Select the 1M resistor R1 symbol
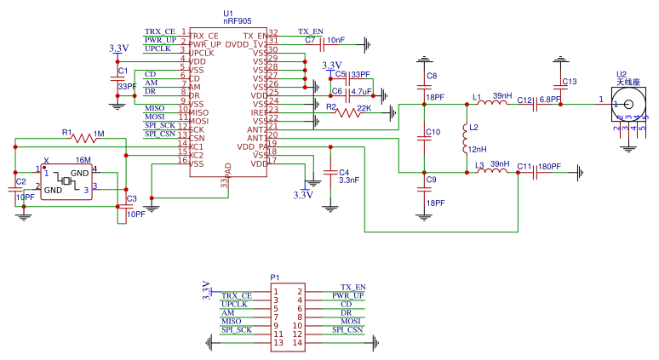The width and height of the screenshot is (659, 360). click(86, 138)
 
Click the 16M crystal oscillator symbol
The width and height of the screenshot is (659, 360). click(66, 180)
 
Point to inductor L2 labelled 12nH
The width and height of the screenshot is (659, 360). click(466, 135)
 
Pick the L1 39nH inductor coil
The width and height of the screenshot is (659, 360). click(495, 104)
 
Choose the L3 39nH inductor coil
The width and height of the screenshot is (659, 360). click(495, 172)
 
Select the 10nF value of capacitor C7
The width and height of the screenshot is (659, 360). click(335, 40)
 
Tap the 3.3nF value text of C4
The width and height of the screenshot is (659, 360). click(349, 180)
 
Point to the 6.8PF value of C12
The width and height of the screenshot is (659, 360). click(549, 100)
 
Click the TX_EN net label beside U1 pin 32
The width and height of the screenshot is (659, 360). click(310, 31)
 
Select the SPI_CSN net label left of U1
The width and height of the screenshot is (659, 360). click(160, 133)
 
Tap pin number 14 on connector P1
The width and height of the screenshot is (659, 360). click(299, 344)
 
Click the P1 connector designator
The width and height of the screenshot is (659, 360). click(274, 277)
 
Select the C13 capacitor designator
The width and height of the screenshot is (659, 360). click(570, 82)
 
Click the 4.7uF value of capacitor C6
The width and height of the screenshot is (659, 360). click(361, 91)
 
